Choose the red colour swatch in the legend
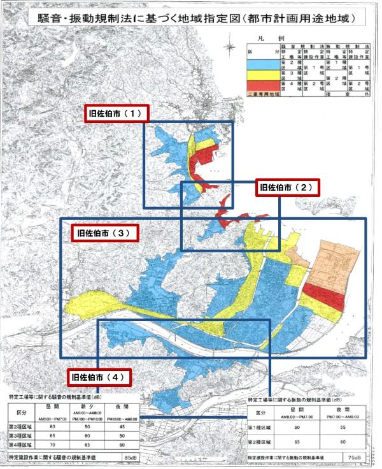pos(263,87)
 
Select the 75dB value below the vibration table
pos(357,458)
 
